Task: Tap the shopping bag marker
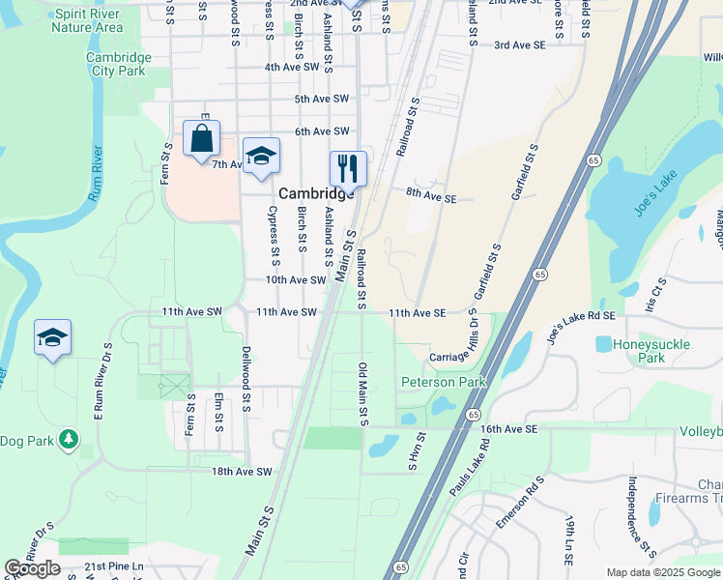(x=201, y=140)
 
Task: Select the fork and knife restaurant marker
(x=348, y=168)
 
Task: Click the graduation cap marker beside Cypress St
(x=261, y=158)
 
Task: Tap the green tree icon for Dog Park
(x=68, y=440)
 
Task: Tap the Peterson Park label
(x=444, y=383)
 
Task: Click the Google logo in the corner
(x=32, y=568)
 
